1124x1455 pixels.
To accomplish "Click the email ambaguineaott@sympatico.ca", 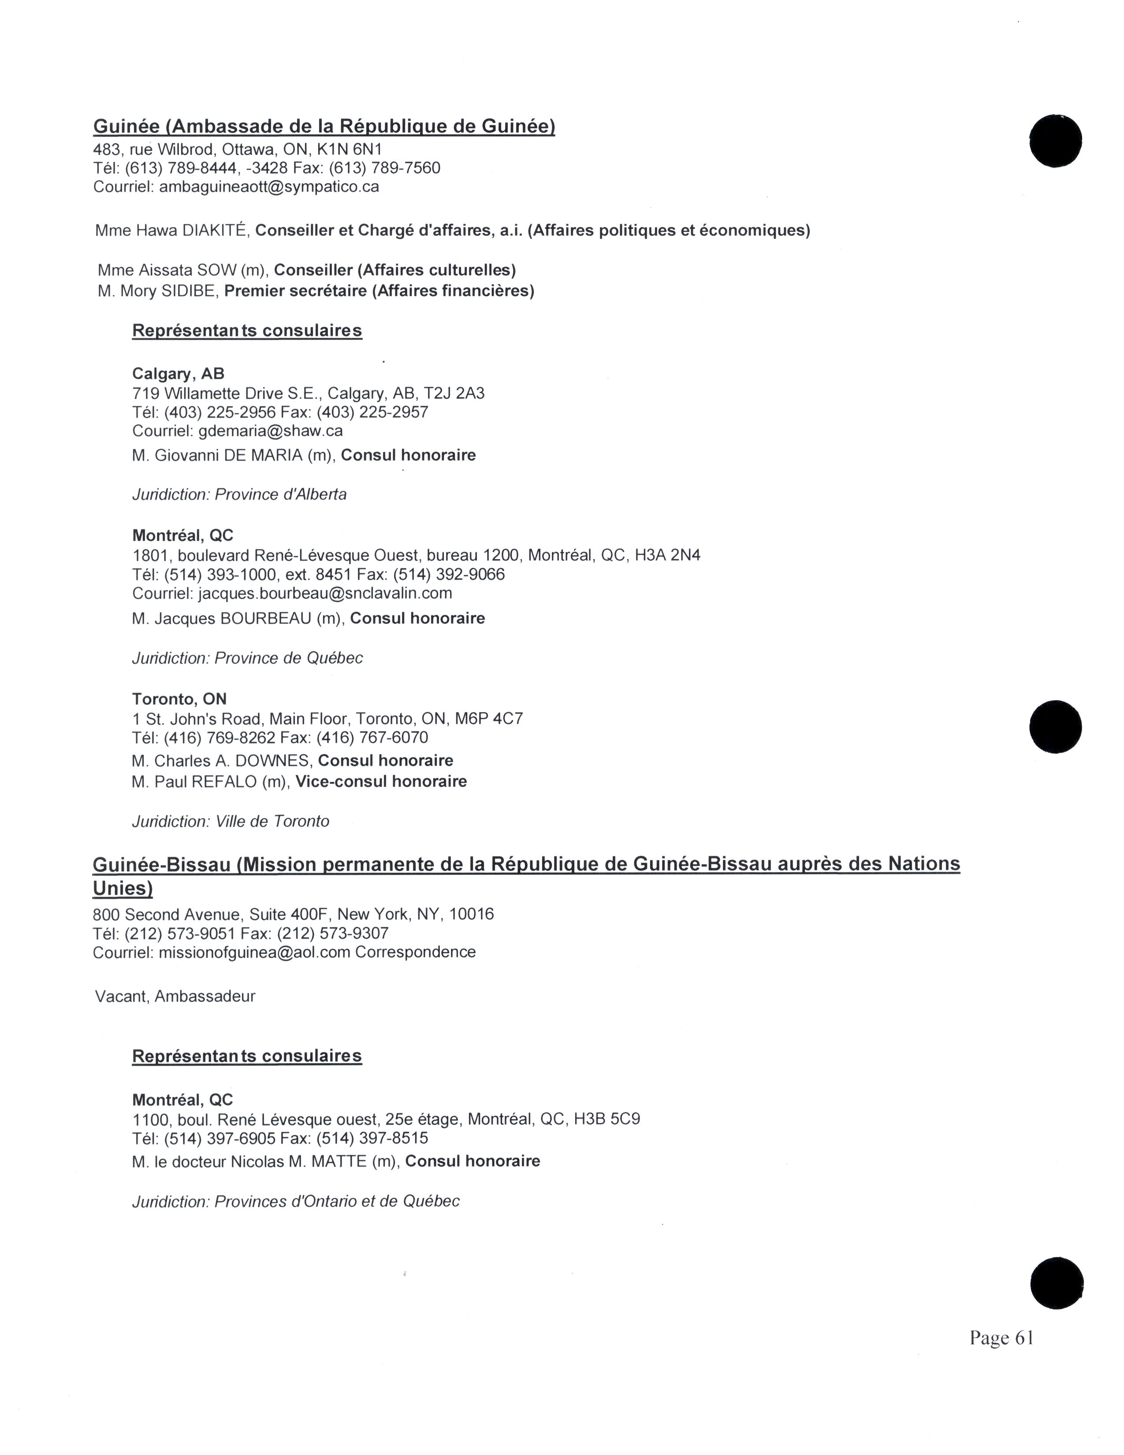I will click(x=269, y=187).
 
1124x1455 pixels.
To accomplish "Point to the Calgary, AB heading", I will click(x=179, y=374).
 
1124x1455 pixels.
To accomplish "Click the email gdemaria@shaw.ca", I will click(x=270, y=431).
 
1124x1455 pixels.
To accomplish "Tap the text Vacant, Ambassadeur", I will click(x=175, y=996).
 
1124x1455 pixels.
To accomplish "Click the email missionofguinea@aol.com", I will click(x=254, y=952).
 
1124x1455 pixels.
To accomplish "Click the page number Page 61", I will click(x=1001, y=1338).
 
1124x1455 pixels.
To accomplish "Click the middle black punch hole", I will click(x=1055, y=727).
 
